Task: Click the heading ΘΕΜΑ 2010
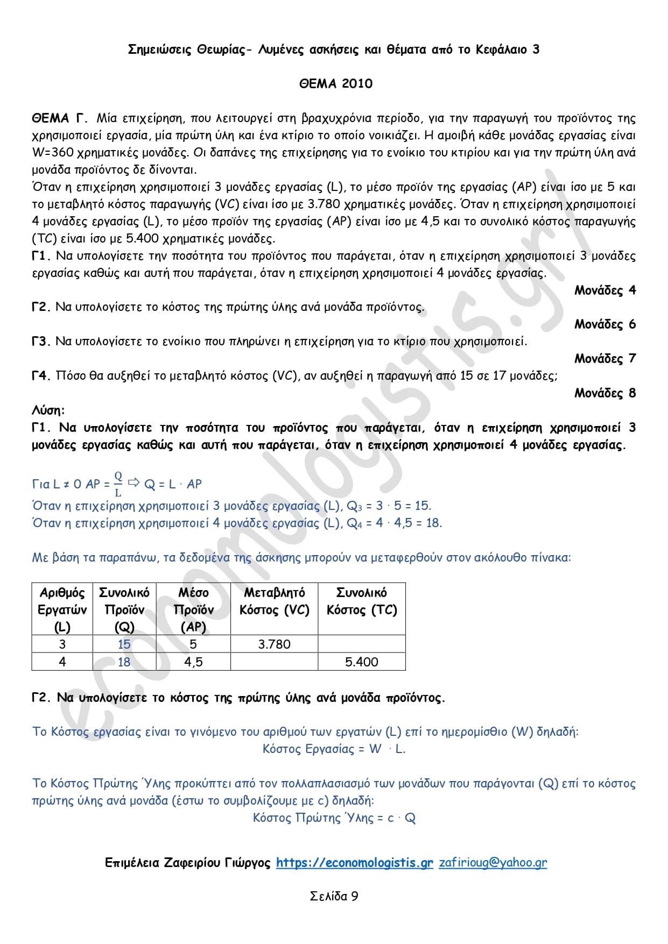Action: point(336,83)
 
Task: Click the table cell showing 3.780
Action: point(274,644)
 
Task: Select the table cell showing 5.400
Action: point(361,662)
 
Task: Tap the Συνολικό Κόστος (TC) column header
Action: point(361,601)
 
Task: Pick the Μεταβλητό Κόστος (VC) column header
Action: point(274,601)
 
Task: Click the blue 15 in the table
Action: point(124,644)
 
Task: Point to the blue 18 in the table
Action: point(124,662)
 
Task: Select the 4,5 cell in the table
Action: point(193,662)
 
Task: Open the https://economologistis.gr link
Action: point(354,863)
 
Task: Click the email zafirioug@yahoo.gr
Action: point(493,863)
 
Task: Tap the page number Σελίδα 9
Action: point(334,896)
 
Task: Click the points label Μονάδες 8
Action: point(604,393)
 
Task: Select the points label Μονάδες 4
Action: point(604,290)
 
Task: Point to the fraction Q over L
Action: point(118,484)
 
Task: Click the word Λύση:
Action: point(48,410)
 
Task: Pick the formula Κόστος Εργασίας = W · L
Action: point(334,749)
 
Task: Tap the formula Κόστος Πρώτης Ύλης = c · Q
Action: point(334,818)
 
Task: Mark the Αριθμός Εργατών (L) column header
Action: point(62,609)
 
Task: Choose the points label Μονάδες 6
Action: point(604,324)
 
